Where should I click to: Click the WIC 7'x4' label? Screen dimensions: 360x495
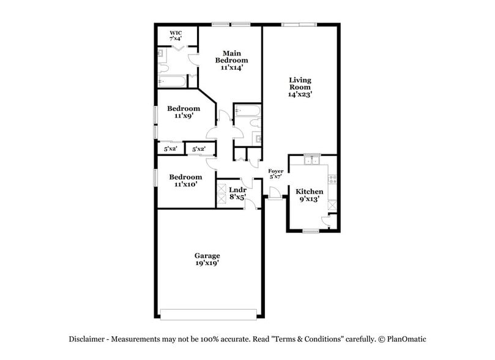click(176, 34)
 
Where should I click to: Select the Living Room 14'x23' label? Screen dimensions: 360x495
click(300, 88)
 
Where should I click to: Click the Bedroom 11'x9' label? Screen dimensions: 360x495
click(183, 112)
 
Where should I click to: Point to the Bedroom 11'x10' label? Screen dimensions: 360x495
click(184, 180)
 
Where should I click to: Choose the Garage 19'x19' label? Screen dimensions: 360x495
click(207, 259)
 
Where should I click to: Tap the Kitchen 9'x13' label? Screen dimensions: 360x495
click(309, 195)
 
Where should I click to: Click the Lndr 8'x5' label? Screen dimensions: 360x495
click(237, 193)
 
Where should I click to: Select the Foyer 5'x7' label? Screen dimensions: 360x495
click(276, 174)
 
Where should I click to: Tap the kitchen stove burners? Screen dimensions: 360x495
click(333, 179)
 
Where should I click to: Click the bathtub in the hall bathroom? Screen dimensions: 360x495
click(248, 111)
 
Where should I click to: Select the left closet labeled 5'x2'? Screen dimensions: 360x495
click(169, 149)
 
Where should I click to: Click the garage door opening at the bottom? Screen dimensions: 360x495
click(208, 314)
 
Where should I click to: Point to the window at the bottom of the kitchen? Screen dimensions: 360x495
click(311, 231)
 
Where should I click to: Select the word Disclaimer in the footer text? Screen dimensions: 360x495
click(87, 339)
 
